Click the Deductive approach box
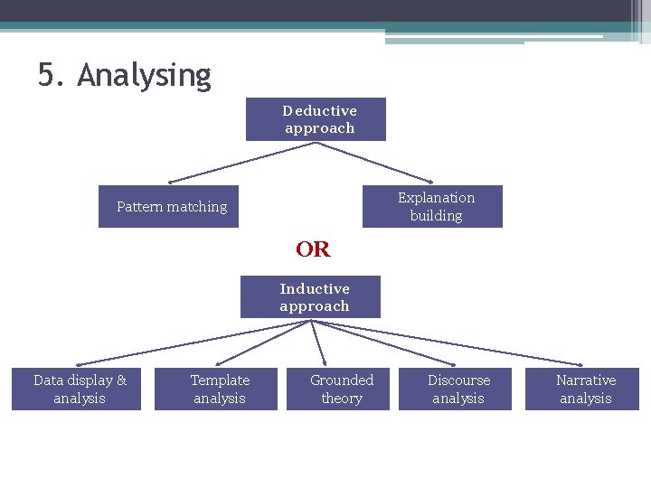(x=316, y=119)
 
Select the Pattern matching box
(x=169, y=207)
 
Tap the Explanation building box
(x=432, y=207)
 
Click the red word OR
(x=313, y=249)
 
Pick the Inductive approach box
(x=310, y=297)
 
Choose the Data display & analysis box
(x=77, y=389)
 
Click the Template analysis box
(x=216, y=389)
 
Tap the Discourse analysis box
(x=457, y=389)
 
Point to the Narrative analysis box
(x=582, y=389)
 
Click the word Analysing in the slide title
(x=144, y=75)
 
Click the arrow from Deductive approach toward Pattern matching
(x=241, y=162)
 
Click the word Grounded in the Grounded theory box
(x=341, y=380)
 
